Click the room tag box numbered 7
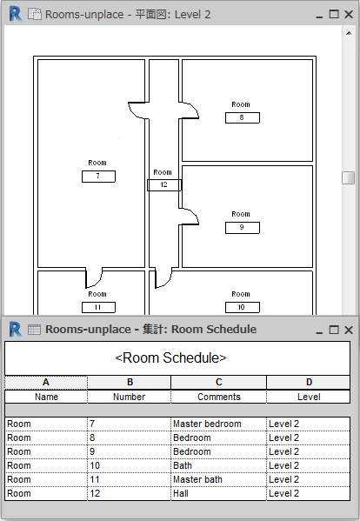(x=98, y=177)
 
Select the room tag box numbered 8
(x=242, y=117)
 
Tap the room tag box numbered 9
(x=242, y=228)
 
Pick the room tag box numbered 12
(x=164, y=185)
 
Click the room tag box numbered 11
(x=98, y=307)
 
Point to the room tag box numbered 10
(x=242, y=307)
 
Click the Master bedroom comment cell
(x=218, y=424)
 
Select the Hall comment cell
(x=218, y=493)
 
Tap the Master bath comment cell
(x=218, y=479)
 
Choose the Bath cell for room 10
(x=218, y=465)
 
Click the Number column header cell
(x=130, y=397)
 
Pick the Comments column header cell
(x=218, y=397)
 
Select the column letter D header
(x=309, y=382)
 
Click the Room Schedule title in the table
(x=170, y=357)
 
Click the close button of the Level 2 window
(x=349, y=14)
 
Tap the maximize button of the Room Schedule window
(x=334, y=330)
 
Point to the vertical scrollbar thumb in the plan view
(x=348, y=177)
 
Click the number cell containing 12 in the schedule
(x=130, y=493)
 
